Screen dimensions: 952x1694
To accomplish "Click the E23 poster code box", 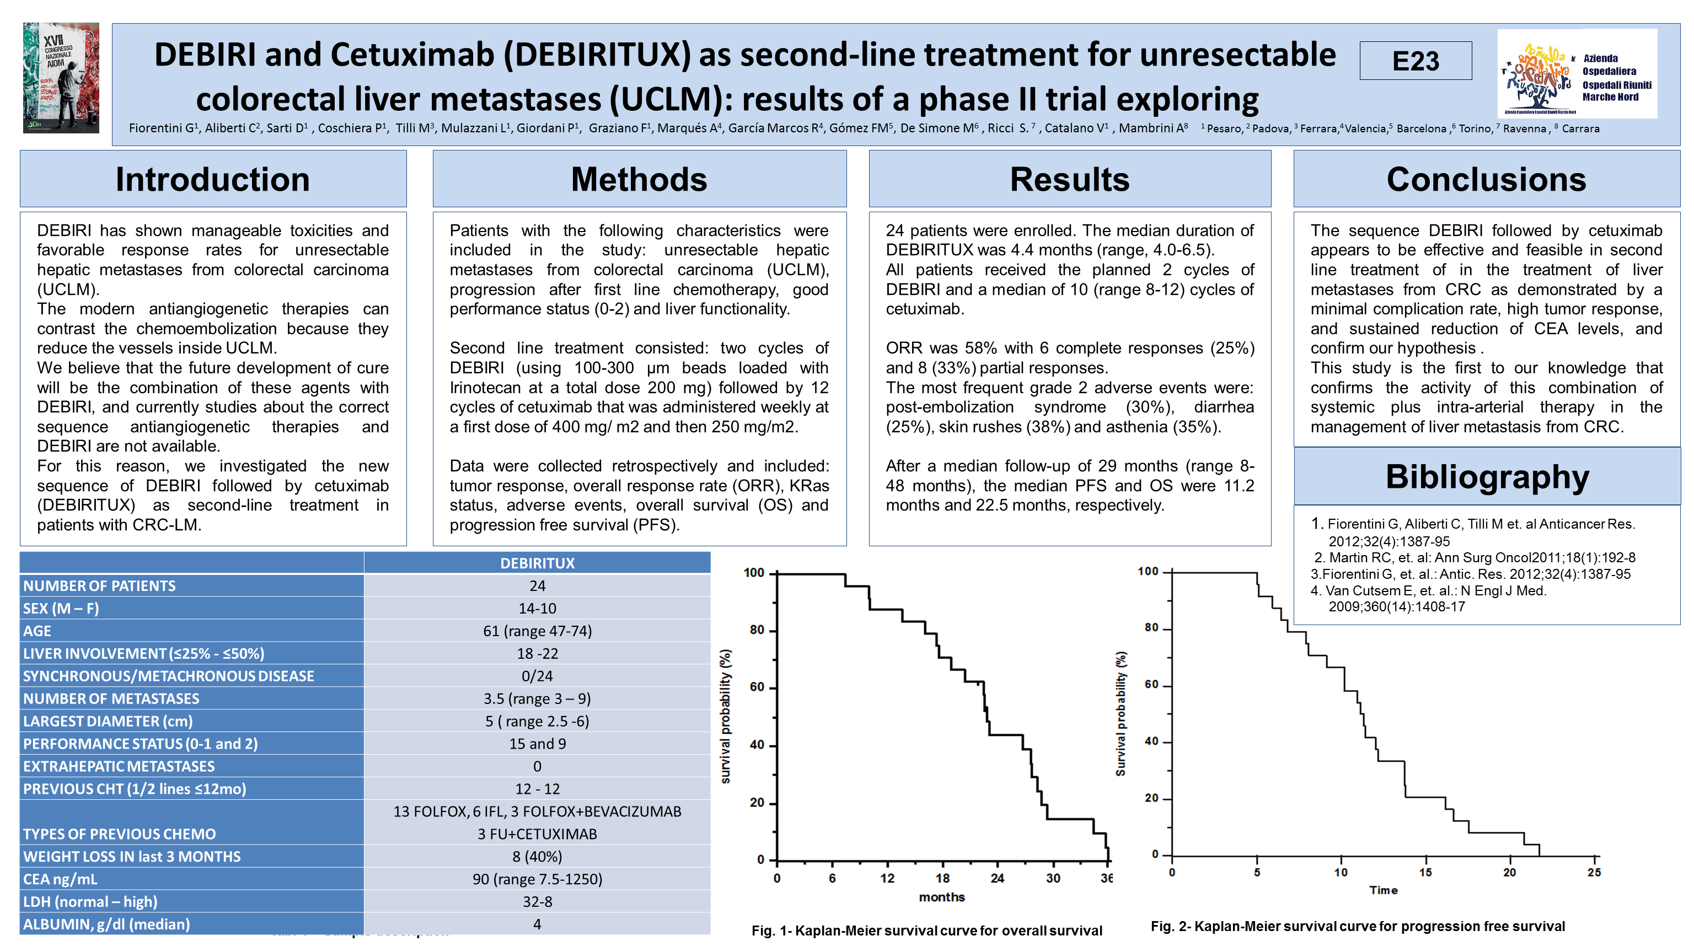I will [x=1415, y=61].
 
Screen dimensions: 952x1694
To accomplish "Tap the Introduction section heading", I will [x=212, y=180].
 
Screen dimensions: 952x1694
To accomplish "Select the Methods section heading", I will [x=639, y=180].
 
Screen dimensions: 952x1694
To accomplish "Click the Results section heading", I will [x=1069, y=180].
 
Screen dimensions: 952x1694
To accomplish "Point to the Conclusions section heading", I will [x=1486, y=180].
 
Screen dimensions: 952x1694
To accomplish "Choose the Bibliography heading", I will [x=1487, y=477].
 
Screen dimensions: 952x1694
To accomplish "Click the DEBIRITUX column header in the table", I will [x=537, y=563].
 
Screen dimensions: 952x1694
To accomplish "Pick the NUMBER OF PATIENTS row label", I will [x=99, y=586].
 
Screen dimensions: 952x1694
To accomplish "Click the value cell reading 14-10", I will [x=537, y=608].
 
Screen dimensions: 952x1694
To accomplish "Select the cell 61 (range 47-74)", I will [x=537, y=631].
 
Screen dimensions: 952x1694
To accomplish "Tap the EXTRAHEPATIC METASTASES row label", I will [x=119, y=767].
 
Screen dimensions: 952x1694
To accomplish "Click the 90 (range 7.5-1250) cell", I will [x=537, y=879].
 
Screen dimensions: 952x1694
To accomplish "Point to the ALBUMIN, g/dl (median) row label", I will [x=106, y=924].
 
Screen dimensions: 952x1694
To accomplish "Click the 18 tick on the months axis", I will [x=942, y=878].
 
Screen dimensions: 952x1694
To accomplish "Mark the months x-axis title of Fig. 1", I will [x=942, y=897].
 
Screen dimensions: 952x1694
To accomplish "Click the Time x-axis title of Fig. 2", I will [x=1383, y=890].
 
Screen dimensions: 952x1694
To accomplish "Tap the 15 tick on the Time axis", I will [x=1425, y=873].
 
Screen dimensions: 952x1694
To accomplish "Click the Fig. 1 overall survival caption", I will [x=926, y=931].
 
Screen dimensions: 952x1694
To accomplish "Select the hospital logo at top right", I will [x=1577, y=74].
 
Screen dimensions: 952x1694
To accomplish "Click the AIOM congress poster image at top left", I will [x=61, y=78].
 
